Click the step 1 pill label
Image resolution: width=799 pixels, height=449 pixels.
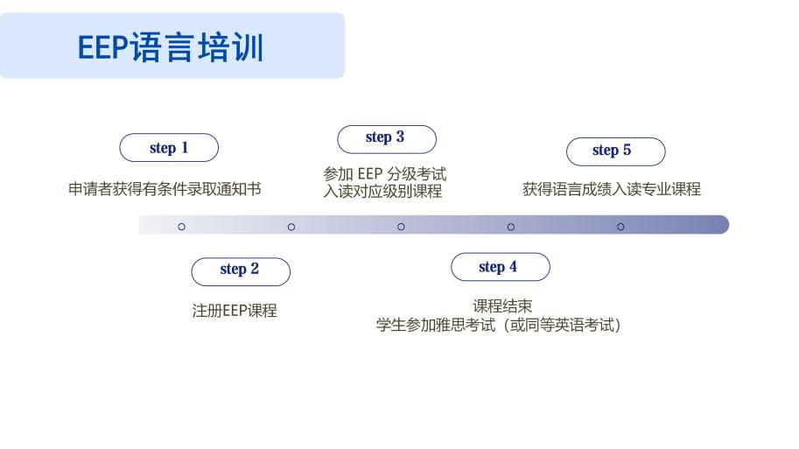coord(169,148)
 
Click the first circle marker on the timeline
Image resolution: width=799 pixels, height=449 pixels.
coord(181,227)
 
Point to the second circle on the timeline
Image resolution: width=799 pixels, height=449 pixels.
coord(291,227)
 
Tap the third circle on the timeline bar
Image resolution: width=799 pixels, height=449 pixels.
coord(401,227)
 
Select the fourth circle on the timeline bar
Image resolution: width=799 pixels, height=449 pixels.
coord(510,227)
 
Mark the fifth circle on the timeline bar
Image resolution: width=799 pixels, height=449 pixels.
coord(620,227)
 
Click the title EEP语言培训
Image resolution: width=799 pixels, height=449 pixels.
coord(170,47)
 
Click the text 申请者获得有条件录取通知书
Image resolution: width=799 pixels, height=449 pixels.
coord(165,189)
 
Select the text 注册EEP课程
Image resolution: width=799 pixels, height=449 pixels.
coord(235,311)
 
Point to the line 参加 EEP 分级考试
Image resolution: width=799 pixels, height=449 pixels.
coord(385,174)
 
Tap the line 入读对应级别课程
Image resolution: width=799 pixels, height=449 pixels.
coord(382,191)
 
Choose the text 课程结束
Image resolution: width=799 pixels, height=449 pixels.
coord(502,305)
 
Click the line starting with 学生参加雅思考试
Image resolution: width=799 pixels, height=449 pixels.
coord(498,325)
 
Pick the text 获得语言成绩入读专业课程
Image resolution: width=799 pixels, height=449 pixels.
coord(612,189)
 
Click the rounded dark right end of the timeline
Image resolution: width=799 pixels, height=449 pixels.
coord(724,225)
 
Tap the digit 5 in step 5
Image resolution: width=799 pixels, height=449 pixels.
coord(627,150)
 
